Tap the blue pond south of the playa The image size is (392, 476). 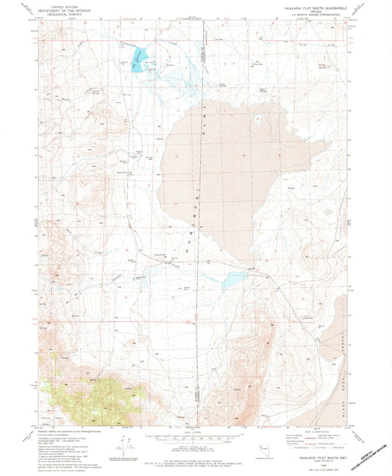tap(234, 280)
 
